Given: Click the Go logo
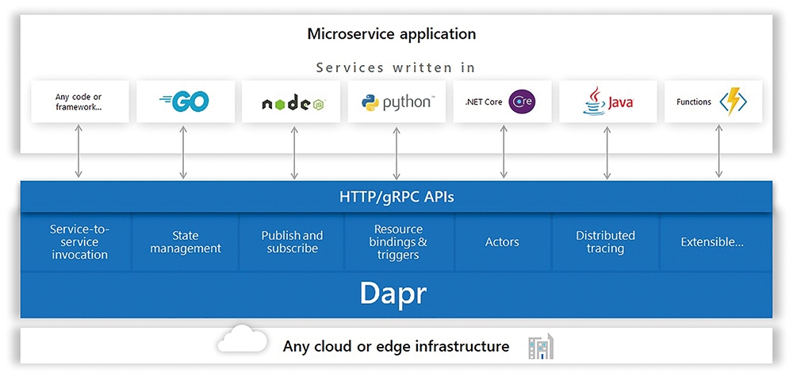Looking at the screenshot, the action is [184, 102].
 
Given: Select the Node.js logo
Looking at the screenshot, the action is [293, 104].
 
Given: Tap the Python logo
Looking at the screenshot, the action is [396, 102].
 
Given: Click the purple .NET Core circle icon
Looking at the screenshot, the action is [522, 102].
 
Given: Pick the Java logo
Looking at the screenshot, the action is [607, 101].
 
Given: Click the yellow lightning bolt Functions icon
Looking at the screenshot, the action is [733, 102].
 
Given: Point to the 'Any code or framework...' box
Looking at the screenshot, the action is [80, 102].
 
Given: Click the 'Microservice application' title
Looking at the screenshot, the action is [392, 34].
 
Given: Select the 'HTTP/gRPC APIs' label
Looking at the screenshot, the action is [396, 197].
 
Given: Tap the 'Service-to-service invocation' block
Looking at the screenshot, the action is [80, 242].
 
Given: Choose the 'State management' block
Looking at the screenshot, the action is [186, 242].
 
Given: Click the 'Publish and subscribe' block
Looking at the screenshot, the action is [292, 242].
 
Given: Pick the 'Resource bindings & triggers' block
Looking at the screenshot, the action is [398, 242].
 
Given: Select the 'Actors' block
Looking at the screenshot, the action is [502, 242].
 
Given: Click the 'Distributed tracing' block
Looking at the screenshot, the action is [605, 242].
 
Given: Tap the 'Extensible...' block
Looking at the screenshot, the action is [712, 242].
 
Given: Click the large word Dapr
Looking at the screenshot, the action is [393, 294].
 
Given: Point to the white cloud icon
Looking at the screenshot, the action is [243, 339].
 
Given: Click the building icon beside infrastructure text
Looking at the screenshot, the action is [541, 347].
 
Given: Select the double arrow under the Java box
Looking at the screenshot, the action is [607, 152].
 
